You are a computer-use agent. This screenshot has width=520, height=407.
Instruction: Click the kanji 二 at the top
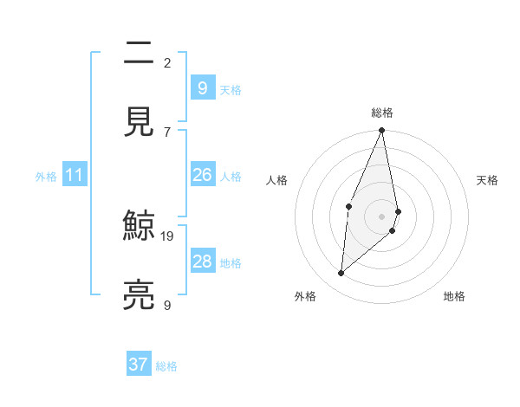(138, 53)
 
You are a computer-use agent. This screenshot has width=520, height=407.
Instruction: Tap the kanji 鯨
(138, 226)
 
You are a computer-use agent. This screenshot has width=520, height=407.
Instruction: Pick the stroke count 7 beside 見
(167, 132)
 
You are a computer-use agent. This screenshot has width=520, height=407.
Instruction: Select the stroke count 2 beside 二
(167, 62)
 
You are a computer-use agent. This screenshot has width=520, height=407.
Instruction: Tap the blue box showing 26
(203, 175)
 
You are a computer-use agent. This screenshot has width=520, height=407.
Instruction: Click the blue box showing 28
(203, 262)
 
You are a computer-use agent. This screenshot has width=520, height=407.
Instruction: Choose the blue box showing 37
(139, 365)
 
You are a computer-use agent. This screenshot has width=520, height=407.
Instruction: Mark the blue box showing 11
(75, 175)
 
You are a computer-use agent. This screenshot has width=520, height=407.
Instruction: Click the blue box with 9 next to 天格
(203, 88)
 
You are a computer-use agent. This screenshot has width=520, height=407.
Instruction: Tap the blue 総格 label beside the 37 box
(166, 366)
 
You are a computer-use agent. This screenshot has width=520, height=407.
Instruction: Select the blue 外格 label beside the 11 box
(46, 177)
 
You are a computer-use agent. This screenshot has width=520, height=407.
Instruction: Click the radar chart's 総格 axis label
(382, 113)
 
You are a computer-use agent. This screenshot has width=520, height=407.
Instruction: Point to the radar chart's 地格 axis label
(454, 297)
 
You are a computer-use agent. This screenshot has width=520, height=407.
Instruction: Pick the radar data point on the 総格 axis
(382, 131)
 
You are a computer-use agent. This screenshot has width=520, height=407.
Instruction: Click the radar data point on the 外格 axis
(341, 274)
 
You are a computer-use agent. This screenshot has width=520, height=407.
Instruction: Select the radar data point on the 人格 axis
(348, 206)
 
